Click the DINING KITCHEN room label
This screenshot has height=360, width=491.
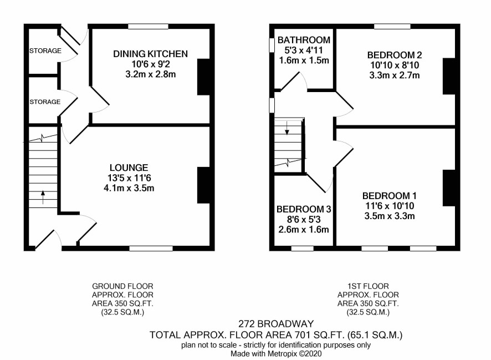(x=150, y=54)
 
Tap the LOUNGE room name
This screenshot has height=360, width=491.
(x=129, y=168)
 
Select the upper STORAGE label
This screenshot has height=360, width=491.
(x=45, y=51)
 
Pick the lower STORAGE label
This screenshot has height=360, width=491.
(x=45, y=102)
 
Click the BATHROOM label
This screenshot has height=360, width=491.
(x=304, y=40)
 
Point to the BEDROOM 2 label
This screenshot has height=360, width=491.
(x=395, y=55)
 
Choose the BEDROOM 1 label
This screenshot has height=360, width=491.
(x=389, y=196)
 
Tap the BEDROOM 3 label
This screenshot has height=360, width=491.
(x=304, y=209)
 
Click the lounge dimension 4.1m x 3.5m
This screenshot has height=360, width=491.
(x=129, y=188)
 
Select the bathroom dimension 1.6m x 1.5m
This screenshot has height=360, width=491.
(x=304, y=60)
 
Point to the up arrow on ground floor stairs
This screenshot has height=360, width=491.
(x=43, y=197)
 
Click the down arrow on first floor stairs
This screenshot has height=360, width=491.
(x=287, y=128)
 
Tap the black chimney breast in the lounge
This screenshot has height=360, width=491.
(x=203, y=185)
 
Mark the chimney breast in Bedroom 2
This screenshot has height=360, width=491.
(x=449, y=76)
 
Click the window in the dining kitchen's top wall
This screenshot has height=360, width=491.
(x=149, y=27)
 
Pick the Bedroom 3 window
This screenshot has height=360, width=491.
(x=303, y=249)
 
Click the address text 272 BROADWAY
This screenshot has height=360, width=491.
(x=276, y=323)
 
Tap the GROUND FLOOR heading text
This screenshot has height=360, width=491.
(x=122, y=286)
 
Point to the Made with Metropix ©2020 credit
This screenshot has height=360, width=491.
(x=276, y=354)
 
